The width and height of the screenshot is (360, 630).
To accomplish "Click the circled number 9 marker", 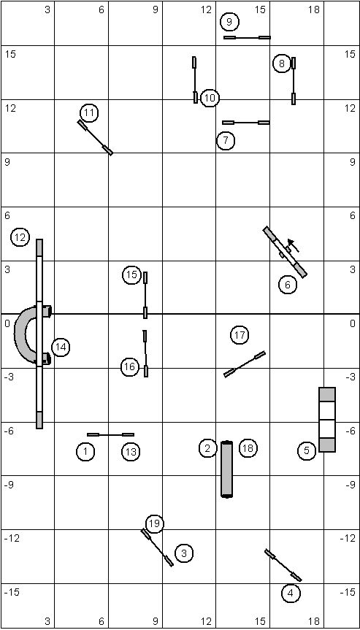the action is tap(229, 22).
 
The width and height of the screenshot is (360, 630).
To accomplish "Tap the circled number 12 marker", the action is tap(20, 238).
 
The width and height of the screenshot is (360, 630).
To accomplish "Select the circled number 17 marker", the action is tap(240, 335).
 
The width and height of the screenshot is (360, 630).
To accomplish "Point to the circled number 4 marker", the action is tap(291, 593).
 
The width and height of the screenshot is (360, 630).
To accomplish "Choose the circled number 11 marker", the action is tap(89, 113).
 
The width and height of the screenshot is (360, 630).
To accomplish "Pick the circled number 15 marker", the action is tap(131, 275).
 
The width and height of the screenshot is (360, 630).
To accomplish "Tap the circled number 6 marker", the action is tap(288, 285).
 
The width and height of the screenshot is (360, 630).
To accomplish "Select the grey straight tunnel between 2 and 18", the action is tap(227, 469).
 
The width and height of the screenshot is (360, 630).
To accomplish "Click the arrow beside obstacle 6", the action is tap(294, 245).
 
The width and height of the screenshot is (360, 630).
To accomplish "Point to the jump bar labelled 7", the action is tap(246, 123).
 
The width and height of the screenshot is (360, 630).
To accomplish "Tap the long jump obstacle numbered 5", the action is tap(327, 420).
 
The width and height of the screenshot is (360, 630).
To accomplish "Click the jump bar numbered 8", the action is tap(294, 81).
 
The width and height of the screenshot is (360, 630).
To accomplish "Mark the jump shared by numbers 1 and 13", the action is tap(110, 435).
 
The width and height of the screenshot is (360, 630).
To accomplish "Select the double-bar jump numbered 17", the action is tap(245, 364).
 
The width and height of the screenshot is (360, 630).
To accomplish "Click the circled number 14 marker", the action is tap(61, 347).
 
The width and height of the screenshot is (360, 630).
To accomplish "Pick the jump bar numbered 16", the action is tap(145, 353).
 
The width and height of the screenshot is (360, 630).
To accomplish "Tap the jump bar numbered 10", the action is tap(195, 80).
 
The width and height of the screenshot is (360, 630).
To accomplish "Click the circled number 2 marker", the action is tap(207, 448).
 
